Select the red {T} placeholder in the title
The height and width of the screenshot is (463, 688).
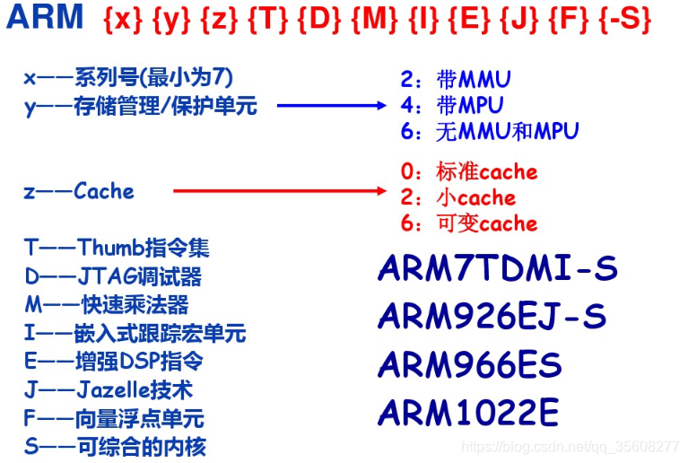[267, 20]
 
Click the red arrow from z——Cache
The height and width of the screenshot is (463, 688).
[278, 191]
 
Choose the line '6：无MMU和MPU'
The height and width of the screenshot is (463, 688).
[490, 131]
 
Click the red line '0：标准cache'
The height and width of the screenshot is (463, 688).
[468, 171]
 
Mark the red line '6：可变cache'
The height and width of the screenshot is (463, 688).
[468, 223]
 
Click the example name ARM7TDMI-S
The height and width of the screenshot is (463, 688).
[498, 268]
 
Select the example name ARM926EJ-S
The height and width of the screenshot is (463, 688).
[492, 316]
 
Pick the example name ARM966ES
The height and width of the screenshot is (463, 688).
[470, 364]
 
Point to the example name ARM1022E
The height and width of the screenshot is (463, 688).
[468, 413]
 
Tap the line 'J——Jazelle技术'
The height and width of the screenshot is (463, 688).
[109, 390]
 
